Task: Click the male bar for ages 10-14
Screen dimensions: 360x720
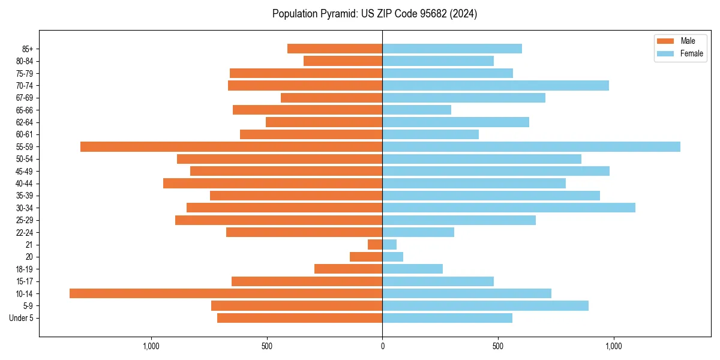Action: [x=226, y=293]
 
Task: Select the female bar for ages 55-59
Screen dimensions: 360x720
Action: [x=531, y=146]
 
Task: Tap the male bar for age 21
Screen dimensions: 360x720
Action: [x=375, y=244]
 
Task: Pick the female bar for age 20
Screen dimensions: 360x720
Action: [x=392, y=257]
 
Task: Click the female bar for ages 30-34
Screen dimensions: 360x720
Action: [x=509, y=208]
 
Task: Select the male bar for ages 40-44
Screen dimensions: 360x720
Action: [x=272, y=183]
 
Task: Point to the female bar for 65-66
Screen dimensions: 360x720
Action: [x=416, y=110]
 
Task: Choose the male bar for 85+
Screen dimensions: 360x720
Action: [x=335, y=49]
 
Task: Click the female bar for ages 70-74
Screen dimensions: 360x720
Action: [x=496, y=85]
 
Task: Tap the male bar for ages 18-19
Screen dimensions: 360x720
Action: [x=348, y=269]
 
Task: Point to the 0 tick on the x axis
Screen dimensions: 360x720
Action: [x=382, y=346]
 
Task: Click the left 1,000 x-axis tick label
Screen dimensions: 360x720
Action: [x=151, y=346]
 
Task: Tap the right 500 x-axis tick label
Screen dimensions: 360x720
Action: [x=497, y=346]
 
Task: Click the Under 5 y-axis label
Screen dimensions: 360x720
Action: [x=22, y=318]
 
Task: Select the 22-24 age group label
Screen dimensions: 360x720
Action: [x=25, y=232]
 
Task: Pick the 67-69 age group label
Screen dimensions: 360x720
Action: [x=25, y=98]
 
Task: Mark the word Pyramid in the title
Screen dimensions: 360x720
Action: [x=338, y=14]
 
